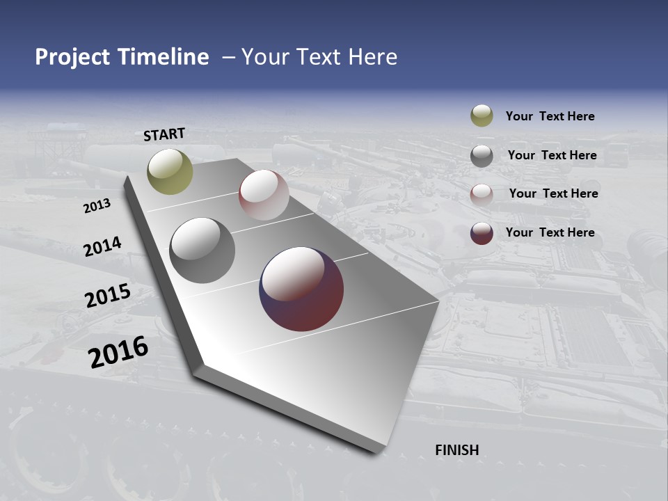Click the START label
[x=164, y=134]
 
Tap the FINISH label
[x=457, y=450]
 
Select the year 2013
[x=97, y=206]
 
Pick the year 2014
[x=102, y=246]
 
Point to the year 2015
[x=108, y=296]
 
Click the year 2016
[x=118, y=352]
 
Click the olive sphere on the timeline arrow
[x=170, y=171]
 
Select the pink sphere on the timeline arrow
[x=264, y=195]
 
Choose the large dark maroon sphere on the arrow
[x=301, y=289]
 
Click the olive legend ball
[x=482, y=116]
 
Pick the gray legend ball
[x=482, y=156]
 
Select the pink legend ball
[x=482, y=194]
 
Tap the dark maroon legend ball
[x=482, y=233]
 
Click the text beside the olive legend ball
[x=550, y=116]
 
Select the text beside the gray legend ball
[x=552, y=155]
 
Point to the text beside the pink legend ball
[x=553, y=193]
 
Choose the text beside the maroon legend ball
[x=550, y=232]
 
